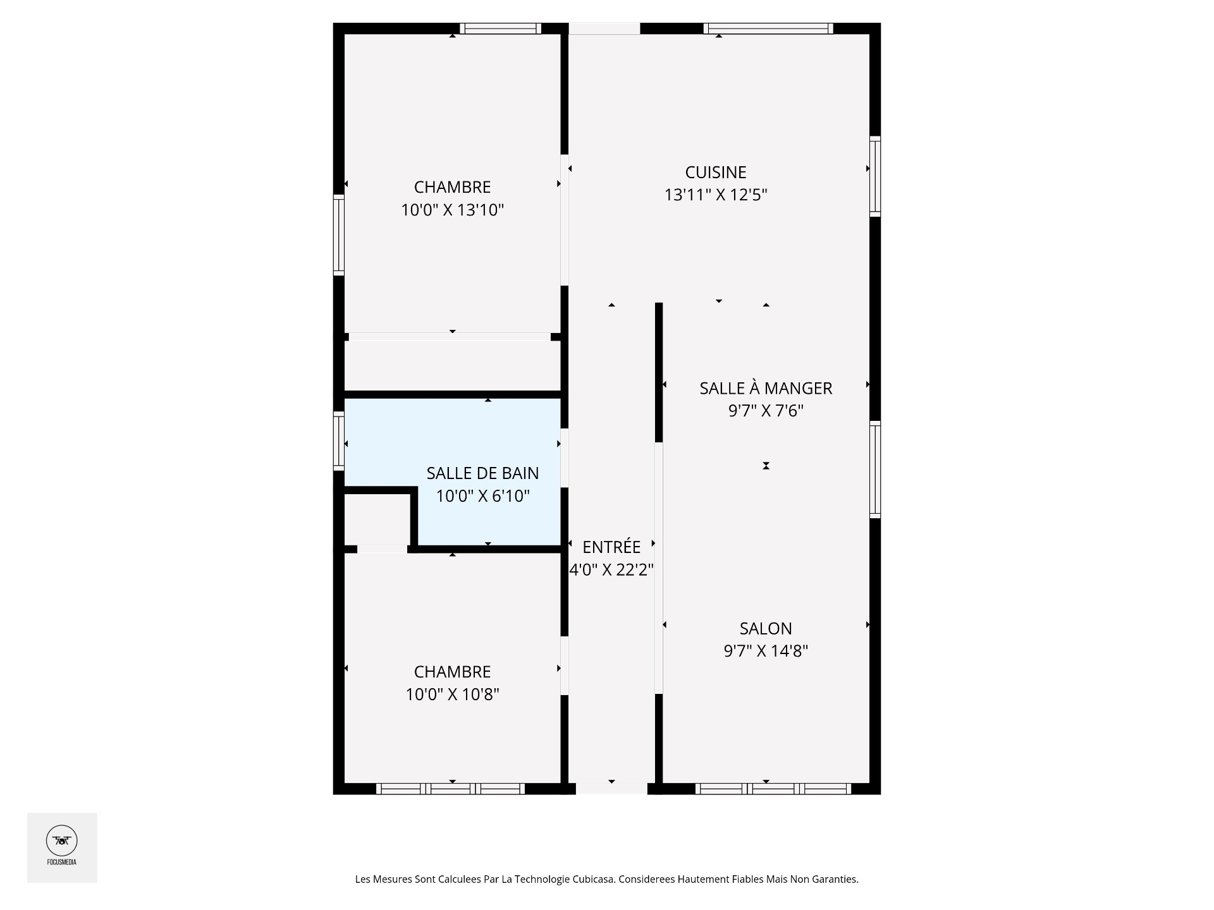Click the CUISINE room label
click(716, 172)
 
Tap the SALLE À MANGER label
click(766, 388)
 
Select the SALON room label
click(766, 628)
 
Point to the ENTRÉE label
click(611, 547)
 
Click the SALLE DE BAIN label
click(482, 473)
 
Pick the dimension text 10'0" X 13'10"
click(452, 210)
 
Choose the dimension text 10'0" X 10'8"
click(452, 695)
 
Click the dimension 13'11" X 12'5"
click(716, 195)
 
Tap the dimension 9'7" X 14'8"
click(766, 651)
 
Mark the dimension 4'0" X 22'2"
click(611, 570)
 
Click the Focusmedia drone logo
click(62, 841)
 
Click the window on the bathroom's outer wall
click(339, 440)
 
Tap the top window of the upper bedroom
click(500, 28)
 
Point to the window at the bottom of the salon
click(773, 789)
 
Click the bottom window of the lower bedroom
click(450, 789)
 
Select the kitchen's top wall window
click(768, 28)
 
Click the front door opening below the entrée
click(611, 789)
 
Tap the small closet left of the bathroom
click(377, 519)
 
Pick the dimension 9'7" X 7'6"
click(766, 411)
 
